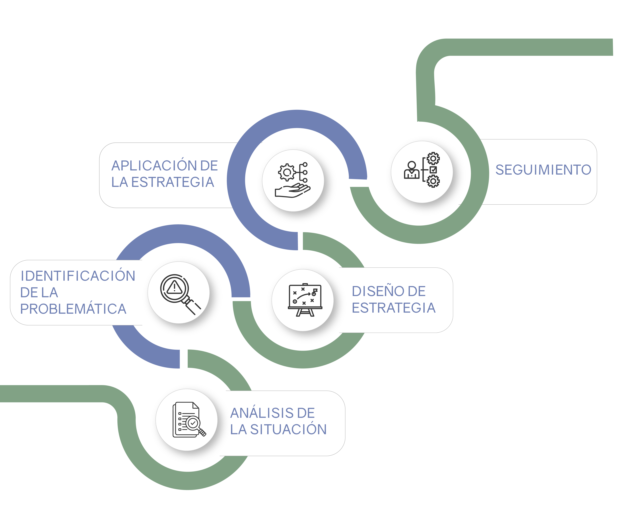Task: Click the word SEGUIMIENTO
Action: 543,170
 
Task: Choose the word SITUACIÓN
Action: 288,429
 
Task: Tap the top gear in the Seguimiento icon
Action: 433,159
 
